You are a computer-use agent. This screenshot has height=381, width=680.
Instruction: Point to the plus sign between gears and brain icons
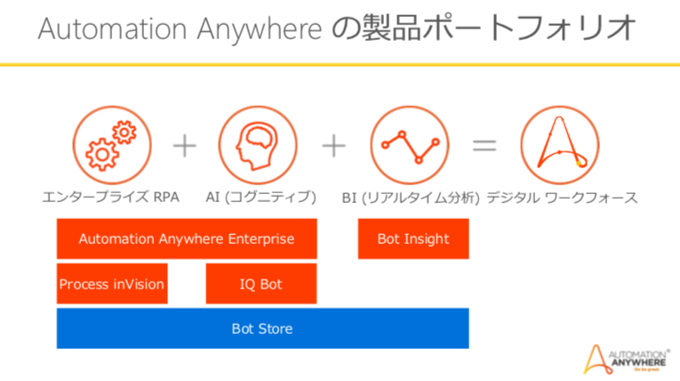pyautogui.click(x=185, y=144)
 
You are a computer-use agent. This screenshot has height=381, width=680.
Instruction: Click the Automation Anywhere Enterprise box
pyautogui.click(x=186, y=239)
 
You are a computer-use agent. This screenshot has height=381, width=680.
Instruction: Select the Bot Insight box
pyautogui.click(x=413, y=239)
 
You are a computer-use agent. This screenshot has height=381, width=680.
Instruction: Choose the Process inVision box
pyautogui.click(x=112, y=285)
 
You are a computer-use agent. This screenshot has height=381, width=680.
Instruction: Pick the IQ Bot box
pyautogui.click(x=261, y=285)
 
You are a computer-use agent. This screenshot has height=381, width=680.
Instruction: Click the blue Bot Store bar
pyautogui.click(x=262, y=328)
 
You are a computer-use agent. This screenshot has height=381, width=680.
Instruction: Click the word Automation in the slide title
pyautogui.click(x=116, y=28)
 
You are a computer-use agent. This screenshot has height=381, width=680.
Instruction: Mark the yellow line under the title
pyautogui.click(x=340, y=65)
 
